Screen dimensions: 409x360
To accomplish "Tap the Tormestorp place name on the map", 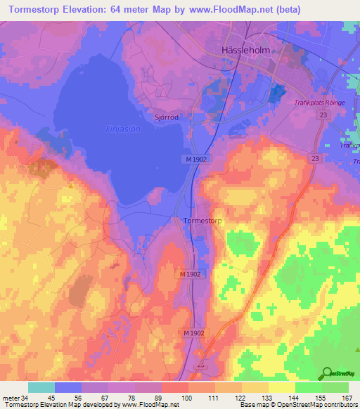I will pyautogui.click(x=203, y=221).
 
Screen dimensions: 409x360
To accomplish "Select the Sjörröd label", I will pyautogui.click(x=166, y=117).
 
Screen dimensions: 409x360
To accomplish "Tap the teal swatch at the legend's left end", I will pyautogui.click(x=41, y=387).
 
